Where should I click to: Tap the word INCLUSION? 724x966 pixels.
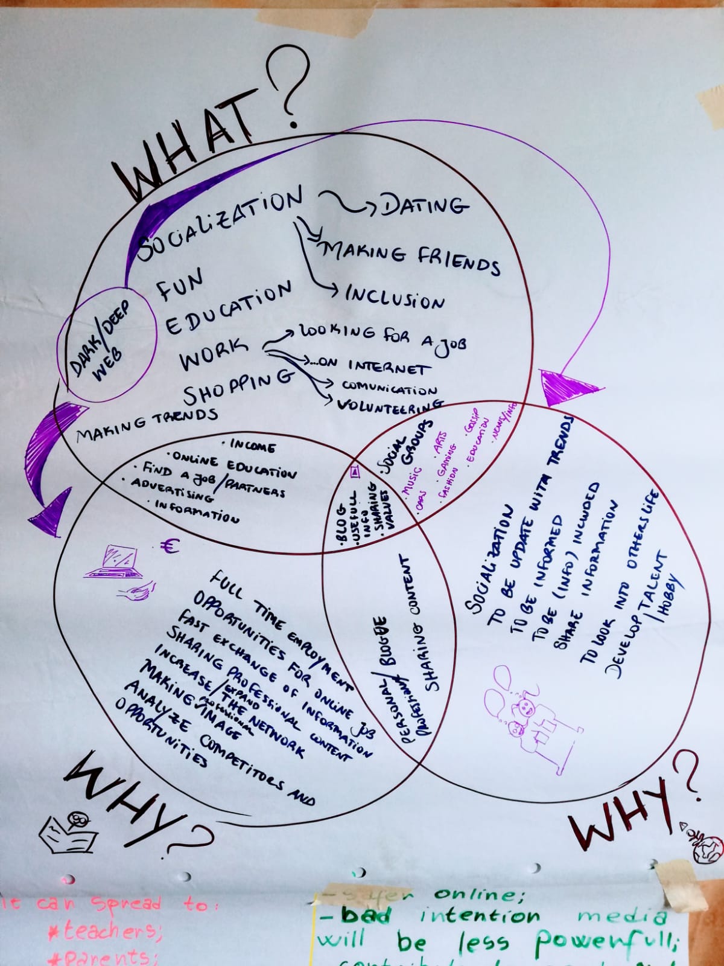[395, 297]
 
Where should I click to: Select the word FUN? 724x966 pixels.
[180, 286]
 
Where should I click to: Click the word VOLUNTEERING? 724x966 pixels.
[390, 405]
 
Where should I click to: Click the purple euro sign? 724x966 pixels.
[170, 547]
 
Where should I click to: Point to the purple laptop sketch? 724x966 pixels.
[116, 561]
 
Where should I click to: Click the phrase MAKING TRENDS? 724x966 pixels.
[147, 423]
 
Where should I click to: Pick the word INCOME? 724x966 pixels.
[252, 446]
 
